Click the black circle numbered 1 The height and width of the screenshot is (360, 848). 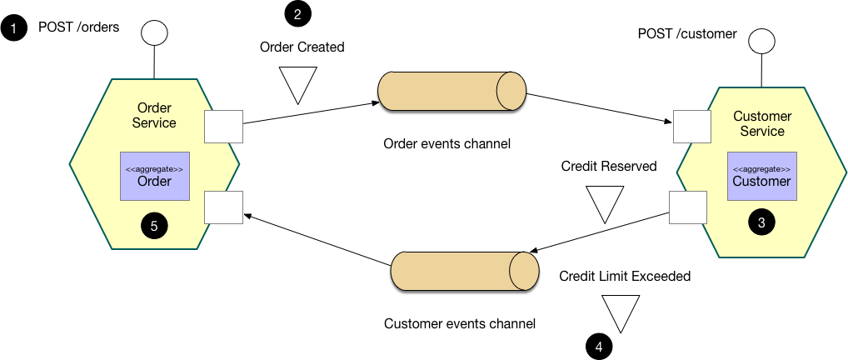[13, 29]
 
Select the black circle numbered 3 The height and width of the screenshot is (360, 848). [761, 222]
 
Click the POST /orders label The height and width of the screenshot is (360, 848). [79, 27]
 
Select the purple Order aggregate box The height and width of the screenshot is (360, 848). [154, 176]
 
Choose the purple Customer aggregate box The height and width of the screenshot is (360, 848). [761, 176]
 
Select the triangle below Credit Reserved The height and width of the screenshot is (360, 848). [604, 204]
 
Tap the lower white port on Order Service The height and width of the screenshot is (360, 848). [224, 207]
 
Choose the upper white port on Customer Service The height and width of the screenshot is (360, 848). [691, 125]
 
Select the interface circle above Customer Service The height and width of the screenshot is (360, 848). [761, 41]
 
